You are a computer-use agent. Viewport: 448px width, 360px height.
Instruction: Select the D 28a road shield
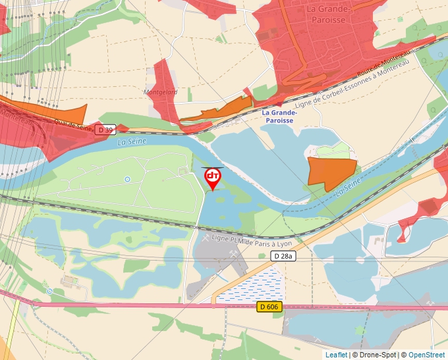pyautogui.click(x=283, y=255)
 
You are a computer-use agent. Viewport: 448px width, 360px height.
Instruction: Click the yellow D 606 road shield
pyautogui.click(x=269, y=307)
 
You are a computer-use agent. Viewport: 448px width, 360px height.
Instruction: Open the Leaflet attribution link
pyautogui.click(x=336, y=355)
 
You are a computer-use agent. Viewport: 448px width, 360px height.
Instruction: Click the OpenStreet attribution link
pyautogui.click(x=426, y=355)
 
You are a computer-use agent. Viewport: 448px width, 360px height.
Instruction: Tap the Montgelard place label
pyautogui.click(x=161, y=93)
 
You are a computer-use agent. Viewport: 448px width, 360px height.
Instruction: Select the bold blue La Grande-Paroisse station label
pyautogui.click(x=280, y=116)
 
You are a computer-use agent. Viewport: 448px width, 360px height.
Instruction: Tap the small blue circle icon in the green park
pyautogui.click(x=127, y=179)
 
